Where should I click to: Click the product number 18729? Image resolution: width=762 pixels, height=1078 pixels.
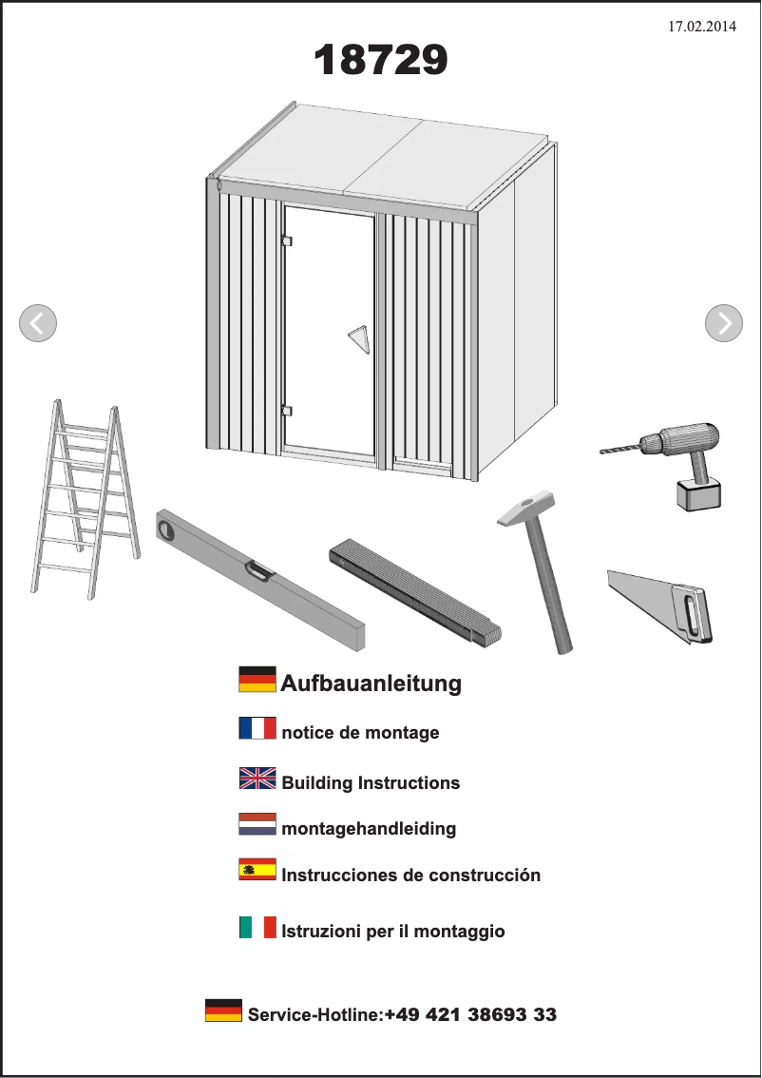[381, 60]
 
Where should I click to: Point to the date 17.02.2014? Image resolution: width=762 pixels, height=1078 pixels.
[702, 26]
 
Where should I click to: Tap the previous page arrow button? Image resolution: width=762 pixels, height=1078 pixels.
[38, 323]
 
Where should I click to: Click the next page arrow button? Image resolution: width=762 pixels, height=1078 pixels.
[724, 323]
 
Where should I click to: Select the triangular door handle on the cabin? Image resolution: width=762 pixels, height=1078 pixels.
[359, 339]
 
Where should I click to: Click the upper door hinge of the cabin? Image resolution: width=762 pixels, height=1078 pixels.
[287, 241]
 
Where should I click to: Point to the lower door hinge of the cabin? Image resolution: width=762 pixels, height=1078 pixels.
[287, 411]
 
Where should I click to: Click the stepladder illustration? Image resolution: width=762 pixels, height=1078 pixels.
[86, 499]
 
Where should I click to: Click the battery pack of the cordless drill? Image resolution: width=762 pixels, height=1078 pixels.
[698, 493]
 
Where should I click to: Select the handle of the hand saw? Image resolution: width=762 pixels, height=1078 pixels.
[692, 613]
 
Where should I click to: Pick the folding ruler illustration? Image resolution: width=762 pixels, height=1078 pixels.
[415, 592]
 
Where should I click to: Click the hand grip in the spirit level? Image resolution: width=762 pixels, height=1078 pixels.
[259, 570]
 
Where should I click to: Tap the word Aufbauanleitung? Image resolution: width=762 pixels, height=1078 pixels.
[371, 683]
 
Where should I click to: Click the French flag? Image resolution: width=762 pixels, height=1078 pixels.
[257, 728]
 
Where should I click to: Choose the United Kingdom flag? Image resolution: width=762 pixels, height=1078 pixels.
[257, 779]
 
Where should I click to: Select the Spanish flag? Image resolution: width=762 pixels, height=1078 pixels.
[257, 869]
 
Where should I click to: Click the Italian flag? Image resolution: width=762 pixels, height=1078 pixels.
[257, 927]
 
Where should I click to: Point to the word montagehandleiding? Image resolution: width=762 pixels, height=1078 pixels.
[369, 828]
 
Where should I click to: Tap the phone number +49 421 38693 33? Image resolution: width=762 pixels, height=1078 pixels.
[470, 1014]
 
